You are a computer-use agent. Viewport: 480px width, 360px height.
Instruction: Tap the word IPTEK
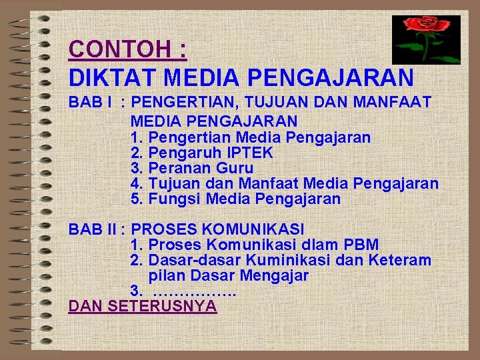251,153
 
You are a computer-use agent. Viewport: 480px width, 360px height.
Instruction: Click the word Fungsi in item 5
175,199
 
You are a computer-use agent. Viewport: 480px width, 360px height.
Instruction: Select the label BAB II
87,230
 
